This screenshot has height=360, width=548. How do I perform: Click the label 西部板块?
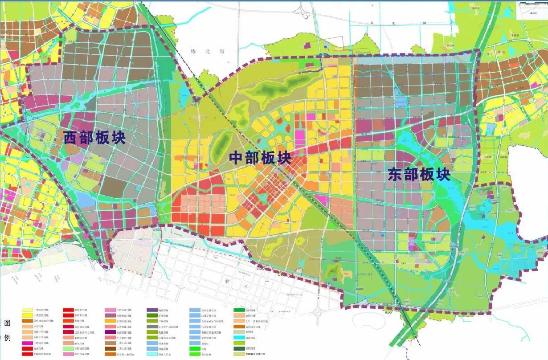click(x=94, y=138)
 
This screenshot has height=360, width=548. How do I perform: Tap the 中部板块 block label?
click(x=260, y=158)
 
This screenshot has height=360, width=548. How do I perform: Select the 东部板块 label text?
click(x=419, y=174)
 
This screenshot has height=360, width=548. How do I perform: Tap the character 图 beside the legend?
click(x=7, y=323)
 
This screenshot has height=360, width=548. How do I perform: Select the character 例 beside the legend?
click(x=7, y=337)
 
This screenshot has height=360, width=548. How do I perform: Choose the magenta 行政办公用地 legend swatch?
click(x=28, y=343)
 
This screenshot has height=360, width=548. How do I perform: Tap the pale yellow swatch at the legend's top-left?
click(x=28, y=310)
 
